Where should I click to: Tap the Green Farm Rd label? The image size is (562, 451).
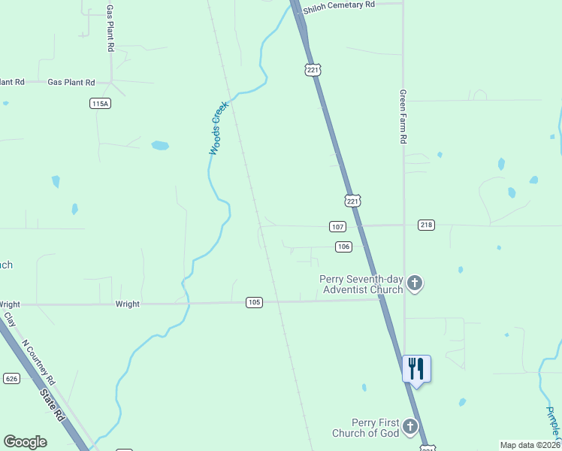point(403,117)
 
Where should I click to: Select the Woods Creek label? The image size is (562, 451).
point(218,129)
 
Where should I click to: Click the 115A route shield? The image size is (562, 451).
point(100,104)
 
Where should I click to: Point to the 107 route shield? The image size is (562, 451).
point(337,226)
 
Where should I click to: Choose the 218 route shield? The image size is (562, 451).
point(426,225)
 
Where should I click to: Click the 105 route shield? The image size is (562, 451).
point(254,302)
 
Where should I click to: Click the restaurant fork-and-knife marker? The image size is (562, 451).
point(416,368)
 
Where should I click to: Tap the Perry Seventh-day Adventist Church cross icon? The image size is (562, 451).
point(415,284)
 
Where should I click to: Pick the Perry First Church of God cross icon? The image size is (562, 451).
point(409,427)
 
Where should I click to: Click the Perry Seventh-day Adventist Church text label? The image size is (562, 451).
point(362,284)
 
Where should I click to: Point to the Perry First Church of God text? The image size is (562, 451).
point(366,428)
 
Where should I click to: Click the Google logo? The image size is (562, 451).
point(25,442)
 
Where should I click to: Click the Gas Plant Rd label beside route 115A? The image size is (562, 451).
point(71,82)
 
